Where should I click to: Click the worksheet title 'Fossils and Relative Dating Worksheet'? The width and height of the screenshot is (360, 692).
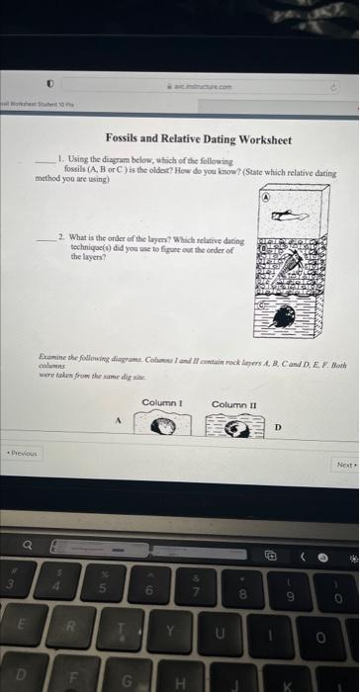199,140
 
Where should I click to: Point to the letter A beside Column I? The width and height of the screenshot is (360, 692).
119,418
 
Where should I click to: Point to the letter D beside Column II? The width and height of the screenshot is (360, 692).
278,427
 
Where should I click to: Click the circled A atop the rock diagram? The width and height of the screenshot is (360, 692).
266,197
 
